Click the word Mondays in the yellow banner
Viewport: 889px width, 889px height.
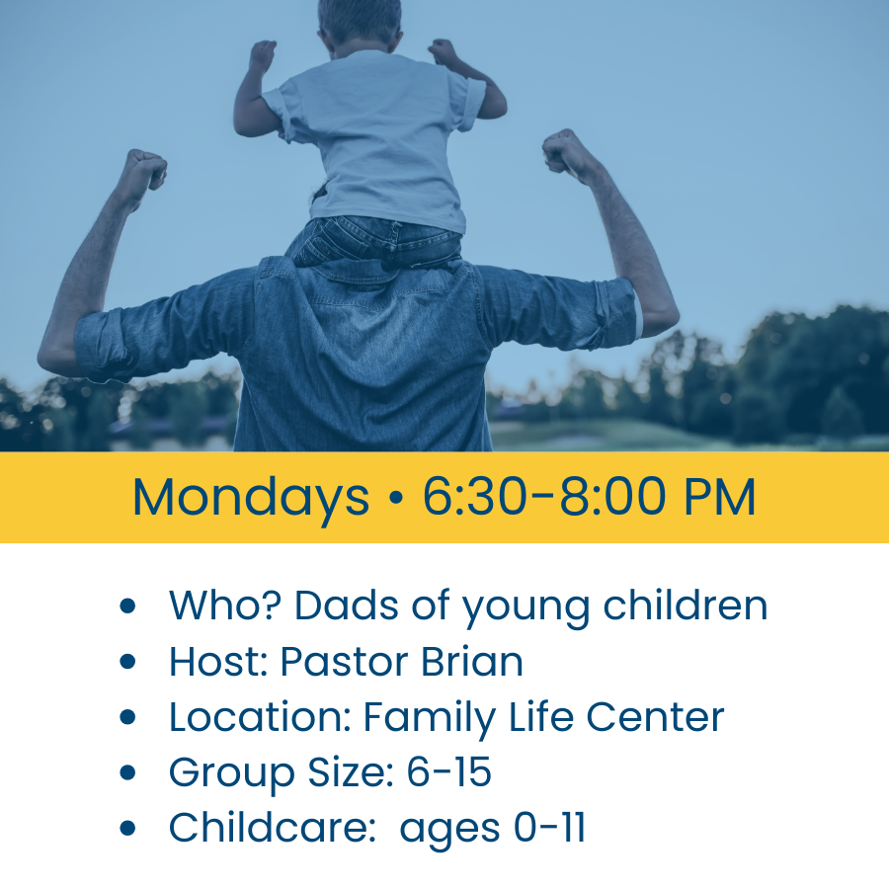(250, 498)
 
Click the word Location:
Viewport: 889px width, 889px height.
(260, 717)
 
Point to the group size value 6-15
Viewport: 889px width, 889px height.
(448, 772)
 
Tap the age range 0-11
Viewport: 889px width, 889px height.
(549, 828)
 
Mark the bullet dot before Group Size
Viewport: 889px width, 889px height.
(127, 773)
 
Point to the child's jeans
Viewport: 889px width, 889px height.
(375, 243)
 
